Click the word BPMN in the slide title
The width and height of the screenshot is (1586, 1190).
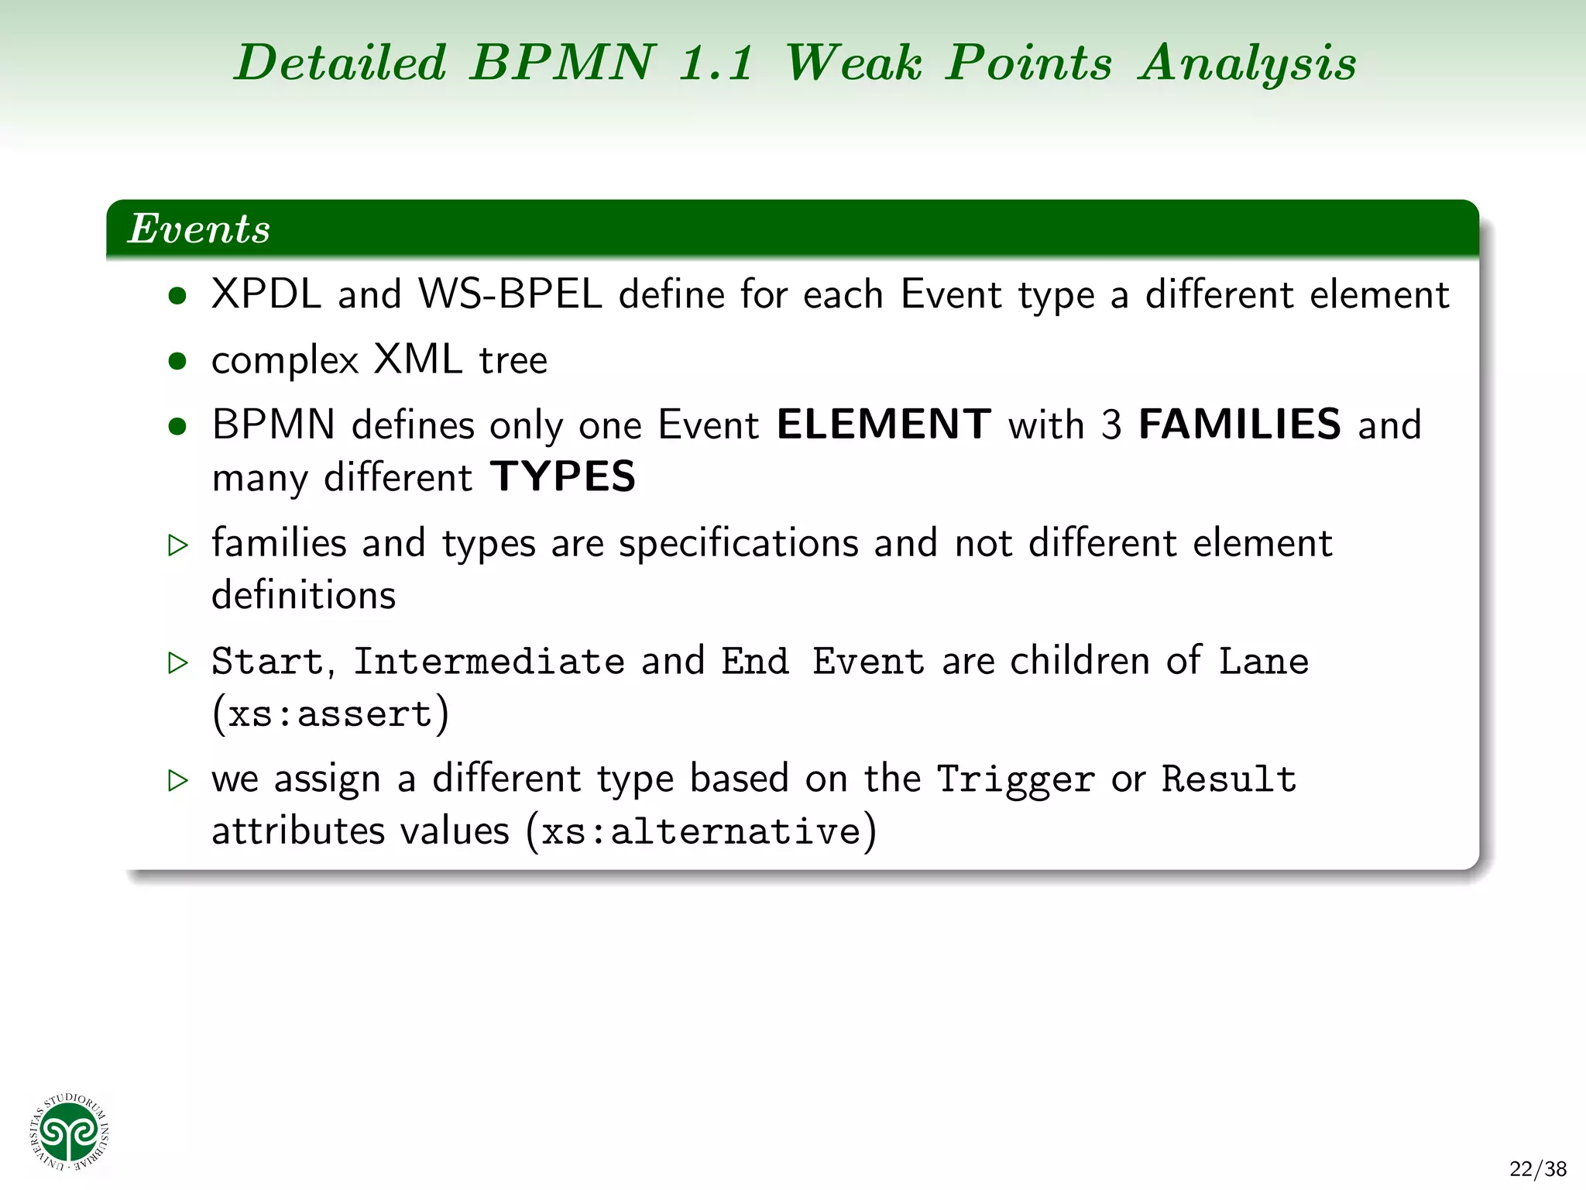point(563,62)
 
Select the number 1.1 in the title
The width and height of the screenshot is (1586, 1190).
point(716,64)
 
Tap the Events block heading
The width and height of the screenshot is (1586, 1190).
point(199,229)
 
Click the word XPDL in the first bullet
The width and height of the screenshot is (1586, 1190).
point(266,294)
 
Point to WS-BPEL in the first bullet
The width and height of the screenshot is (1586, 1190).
point(510,294)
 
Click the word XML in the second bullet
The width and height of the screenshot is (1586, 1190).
point(418,359)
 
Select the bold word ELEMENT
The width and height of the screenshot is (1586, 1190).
point(884,425)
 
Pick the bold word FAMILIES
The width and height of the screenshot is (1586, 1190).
point(1239,425)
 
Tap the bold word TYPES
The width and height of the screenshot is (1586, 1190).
point(563,476)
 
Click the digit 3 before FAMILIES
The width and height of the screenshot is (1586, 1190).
point(1111,425)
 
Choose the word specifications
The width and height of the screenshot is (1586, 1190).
point(739,543)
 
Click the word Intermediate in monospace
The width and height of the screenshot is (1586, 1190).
point(489,662)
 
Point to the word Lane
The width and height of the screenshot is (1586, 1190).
point(1264,662)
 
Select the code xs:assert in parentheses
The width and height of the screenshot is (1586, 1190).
point(331,714)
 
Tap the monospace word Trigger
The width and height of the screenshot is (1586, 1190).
point(1015,779)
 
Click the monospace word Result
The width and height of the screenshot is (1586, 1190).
point(1229,779)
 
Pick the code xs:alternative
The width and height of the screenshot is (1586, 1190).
point(701,832)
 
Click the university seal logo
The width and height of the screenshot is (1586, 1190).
point(70,1132)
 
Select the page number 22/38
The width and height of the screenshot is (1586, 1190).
point(1538,1168)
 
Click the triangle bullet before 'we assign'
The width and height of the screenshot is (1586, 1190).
point(178,780)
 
